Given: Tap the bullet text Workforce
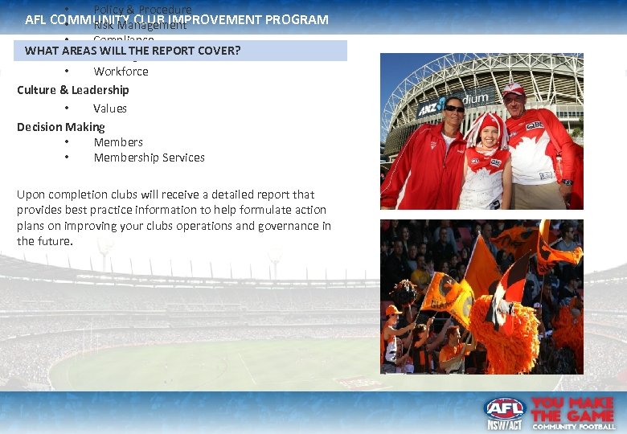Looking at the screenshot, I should click(x=121, y=72).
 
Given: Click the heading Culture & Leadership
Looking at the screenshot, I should click(x=73, y=90).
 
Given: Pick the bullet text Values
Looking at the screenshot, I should click(x=110, y=108).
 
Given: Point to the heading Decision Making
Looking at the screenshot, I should click(x=61, y=127).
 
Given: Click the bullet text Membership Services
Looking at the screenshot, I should click(x=149, y=158).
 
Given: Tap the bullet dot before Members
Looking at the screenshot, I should click(x=68, y=142).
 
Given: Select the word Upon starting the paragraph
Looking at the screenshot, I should click(x=31, y=194).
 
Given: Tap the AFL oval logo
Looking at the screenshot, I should click(x=504, y=407).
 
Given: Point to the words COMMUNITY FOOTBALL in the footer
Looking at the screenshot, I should click(x=572, y=426).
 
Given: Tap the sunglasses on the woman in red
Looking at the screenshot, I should click(x=454, y=108).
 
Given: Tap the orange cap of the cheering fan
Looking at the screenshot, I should click(x=393, y=310).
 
